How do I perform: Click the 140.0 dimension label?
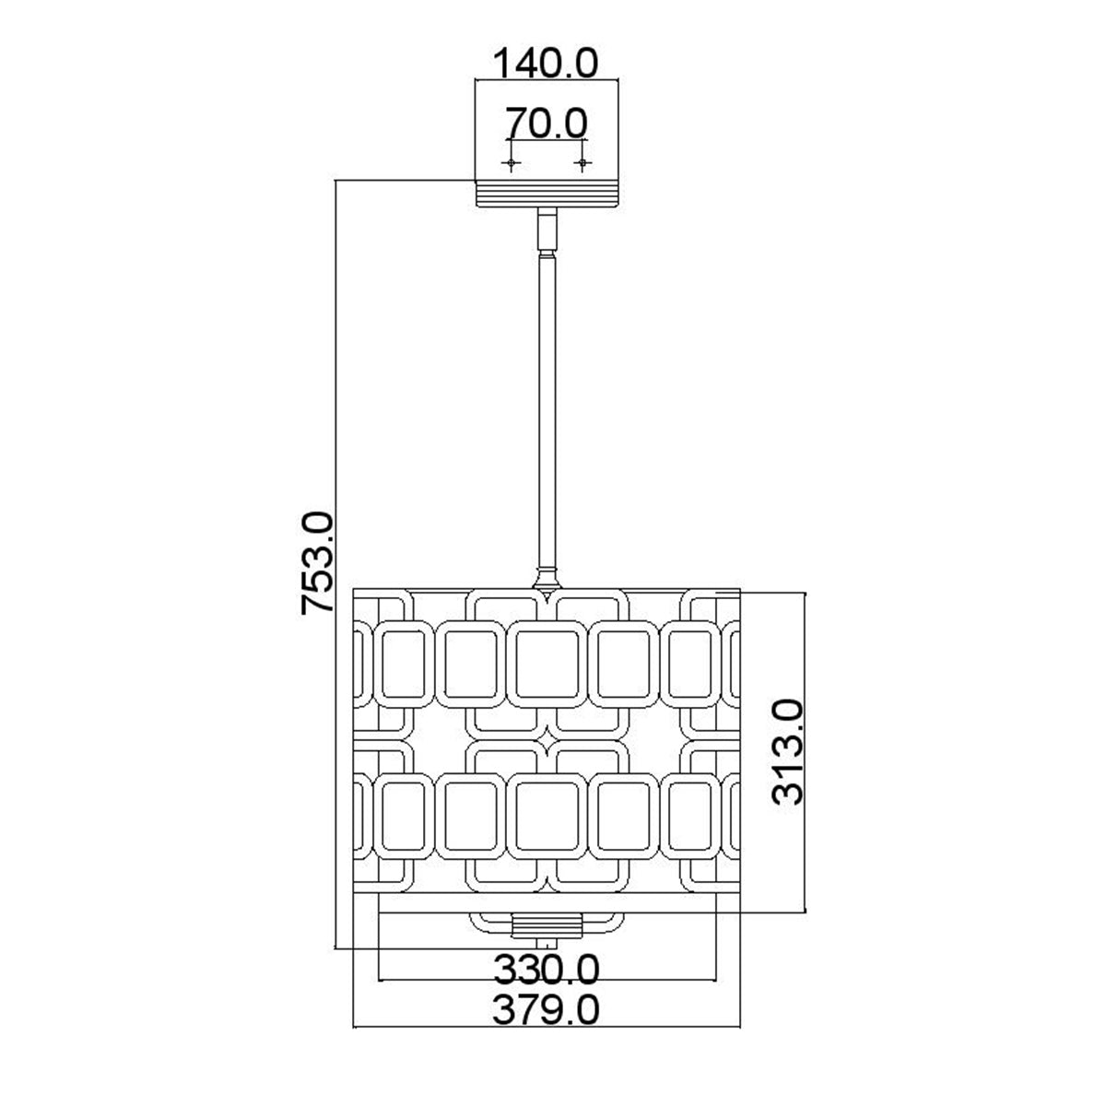[x=547, y=64]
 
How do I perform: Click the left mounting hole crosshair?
[x=512, y=163]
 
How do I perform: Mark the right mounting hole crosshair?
[x=582, y=163]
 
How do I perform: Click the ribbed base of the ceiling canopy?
[x=547, y=194]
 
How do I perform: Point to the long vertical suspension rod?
[x=547, y=415]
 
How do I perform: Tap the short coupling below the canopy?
[x=547, y=230]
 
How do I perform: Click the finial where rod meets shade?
[x=547, y=581]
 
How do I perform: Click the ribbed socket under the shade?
[x=547, y=924]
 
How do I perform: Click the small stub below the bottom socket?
[x=549, y=943]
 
